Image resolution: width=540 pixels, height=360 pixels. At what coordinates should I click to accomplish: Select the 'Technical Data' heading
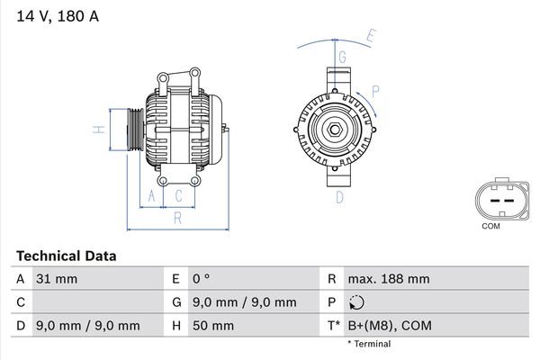66,256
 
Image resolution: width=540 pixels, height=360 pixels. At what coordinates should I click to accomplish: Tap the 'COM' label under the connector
490,226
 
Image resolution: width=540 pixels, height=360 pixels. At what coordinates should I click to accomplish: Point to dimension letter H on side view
102,130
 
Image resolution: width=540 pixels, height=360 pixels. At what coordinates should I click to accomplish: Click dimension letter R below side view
177,217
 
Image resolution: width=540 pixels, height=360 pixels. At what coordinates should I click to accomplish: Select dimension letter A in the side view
152,195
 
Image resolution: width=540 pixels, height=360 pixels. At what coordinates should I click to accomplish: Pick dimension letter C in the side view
179,195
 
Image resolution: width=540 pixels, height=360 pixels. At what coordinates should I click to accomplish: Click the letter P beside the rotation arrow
376,90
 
